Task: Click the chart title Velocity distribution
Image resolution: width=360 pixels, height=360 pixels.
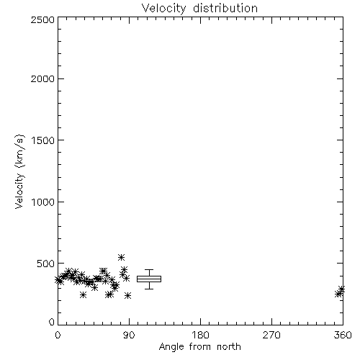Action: pos(199,9)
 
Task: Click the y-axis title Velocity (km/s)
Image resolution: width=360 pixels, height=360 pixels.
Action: pos(20,171)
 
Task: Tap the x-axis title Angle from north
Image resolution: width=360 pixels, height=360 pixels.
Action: pos(199,347)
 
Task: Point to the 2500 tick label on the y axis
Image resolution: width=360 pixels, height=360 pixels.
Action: pos(42,19)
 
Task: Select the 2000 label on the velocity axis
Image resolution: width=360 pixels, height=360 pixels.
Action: pos(42,78)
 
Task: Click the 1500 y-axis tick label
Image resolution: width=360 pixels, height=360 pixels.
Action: pos(43,140)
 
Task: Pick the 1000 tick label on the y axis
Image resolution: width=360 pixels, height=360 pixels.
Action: pos(43,202)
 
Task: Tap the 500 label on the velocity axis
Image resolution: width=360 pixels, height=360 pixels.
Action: pos(46,264)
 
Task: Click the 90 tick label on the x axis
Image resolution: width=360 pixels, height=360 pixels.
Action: pos(129,335)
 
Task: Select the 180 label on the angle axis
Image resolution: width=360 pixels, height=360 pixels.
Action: pos(200,335)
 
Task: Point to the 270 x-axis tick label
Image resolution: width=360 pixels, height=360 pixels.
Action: pos(271,335)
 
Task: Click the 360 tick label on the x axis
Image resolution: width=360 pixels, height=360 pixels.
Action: pos(343,335)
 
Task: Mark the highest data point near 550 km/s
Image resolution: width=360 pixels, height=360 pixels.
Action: pos(121,257)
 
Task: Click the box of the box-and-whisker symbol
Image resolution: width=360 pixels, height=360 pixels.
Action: pos(149,279)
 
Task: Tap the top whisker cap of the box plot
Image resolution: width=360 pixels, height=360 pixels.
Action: pos(149,270)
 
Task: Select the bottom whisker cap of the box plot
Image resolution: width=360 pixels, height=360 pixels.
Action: pos(149,289)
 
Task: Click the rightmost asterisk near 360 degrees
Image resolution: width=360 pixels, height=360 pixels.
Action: pos(341,289)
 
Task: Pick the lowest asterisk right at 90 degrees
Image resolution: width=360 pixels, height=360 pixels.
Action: pos(128,295)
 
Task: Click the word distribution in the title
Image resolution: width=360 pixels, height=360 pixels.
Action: pos(225,9)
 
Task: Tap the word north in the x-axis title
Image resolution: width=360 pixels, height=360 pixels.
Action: pos(229,347)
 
